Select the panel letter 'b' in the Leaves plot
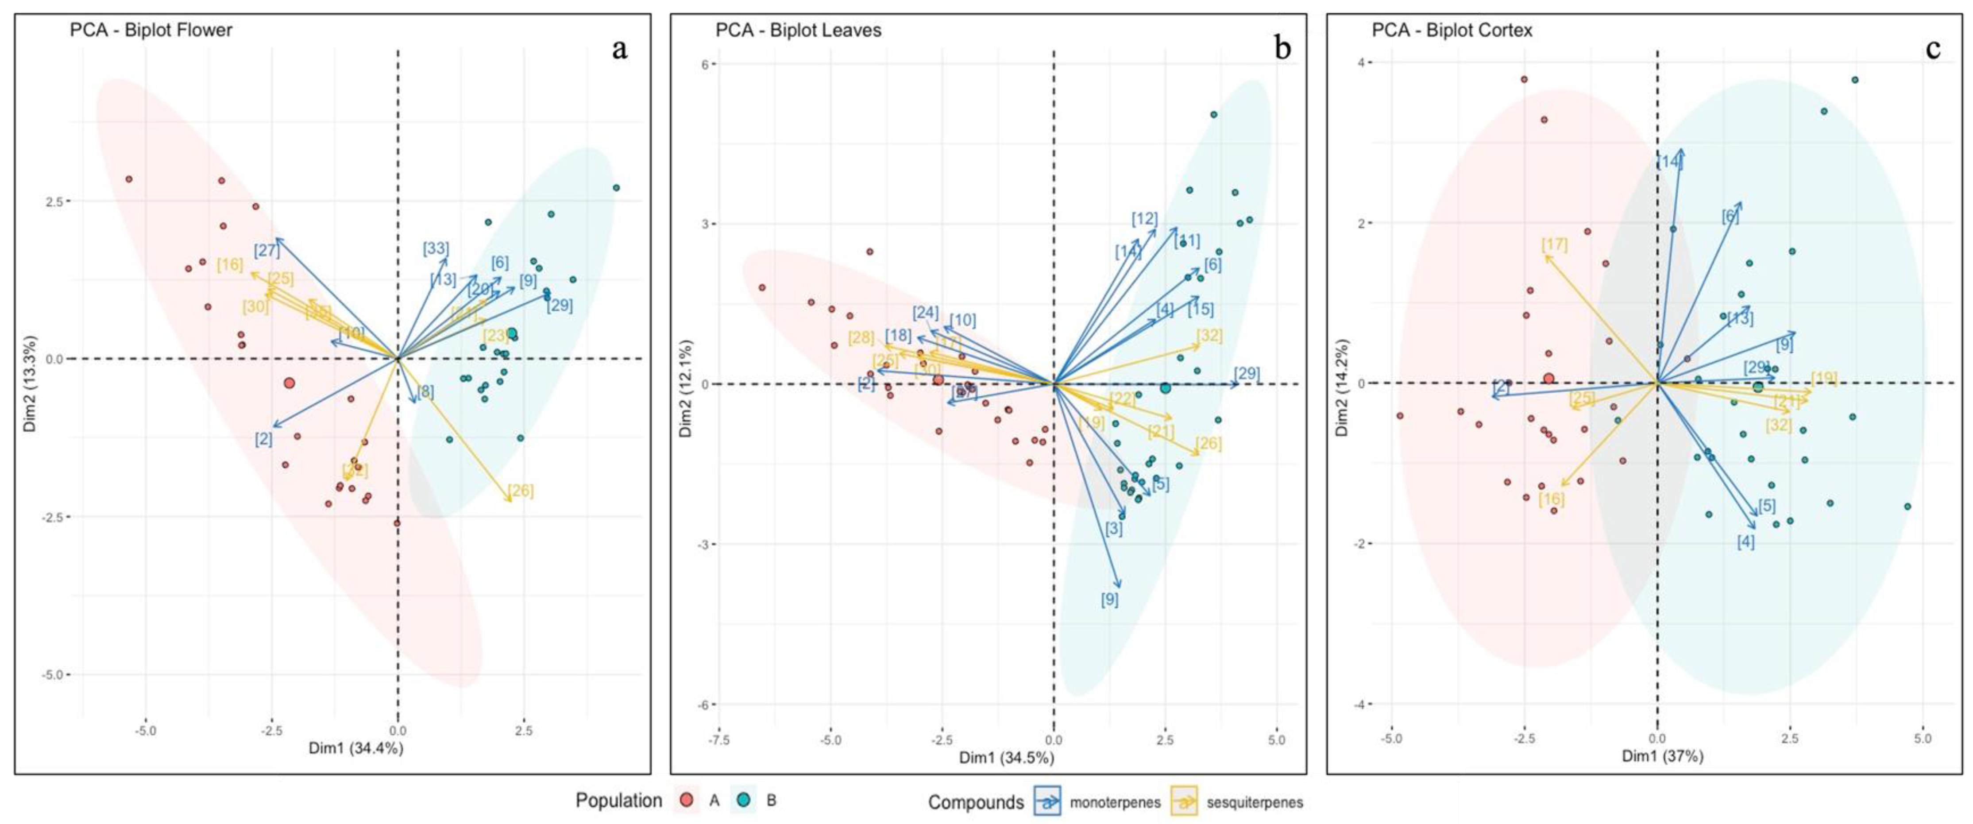tap(1282, 49)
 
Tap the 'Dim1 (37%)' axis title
tap(1662, 756)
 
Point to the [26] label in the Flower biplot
tap(521, 491)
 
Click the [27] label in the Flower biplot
tap(266, 251)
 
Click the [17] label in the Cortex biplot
tap(1555, 245)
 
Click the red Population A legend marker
tap(687, 800)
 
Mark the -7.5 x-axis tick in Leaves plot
tap(718, 740)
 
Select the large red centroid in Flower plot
tap(289, 383)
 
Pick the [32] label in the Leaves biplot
tap(1209, 336)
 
